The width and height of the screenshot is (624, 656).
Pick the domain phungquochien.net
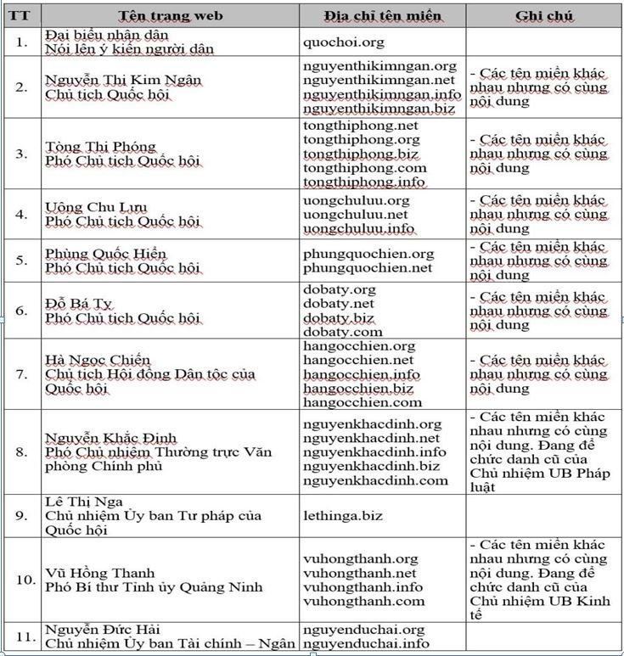pyautogui.click(x=368, y=268)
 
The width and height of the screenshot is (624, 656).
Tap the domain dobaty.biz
pyautogui.click(x=338, y=317)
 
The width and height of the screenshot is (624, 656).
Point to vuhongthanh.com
pyautogui.click(x=363, y=602)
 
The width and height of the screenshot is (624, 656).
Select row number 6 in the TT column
pyautogui.click(x=21, y=311)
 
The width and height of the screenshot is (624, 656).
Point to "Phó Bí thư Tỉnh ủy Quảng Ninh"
pyautogui.click(x=154, y=587)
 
